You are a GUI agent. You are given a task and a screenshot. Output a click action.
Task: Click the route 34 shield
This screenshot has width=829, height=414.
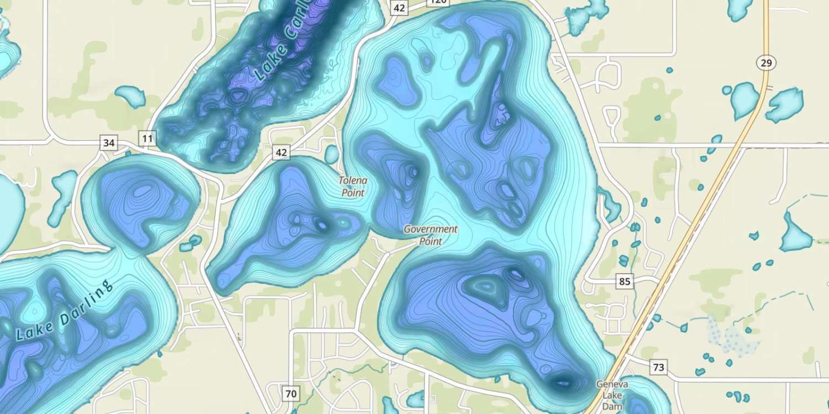(x=109, y=143)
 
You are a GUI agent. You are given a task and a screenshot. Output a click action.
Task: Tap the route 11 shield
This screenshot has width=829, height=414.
(x=147, y=139)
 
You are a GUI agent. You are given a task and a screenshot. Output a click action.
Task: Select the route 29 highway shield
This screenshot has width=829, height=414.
(x=766, y=63)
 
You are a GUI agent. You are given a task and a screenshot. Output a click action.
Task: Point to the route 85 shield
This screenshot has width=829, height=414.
(x=625, y=282)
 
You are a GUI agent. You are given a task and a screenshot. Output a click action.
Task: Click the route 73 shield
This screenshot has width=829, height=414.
(x=658, y=367)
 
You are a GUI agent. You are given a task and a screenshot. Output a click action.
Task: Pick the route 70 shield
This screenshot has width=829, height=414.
(x=291, y=394)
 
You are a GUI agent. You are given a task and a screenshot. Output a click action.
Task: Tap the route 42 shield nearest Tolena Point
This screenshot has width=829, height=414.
(x=281, y=152)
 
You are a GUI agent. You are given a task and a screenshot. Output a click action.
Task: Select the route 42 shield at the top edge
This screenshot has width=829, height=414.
(x=400, y=8)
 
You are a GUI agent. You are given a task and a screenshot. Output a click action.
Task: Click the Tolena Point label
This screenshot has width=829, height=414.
(x=353, y=187)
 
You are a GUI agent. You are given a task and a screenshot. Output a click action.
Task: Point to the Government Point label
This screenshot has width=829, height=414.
(x=431, y=235)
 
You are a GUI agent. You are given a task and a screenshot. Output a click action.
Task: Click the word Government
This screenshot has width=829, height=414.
(x=431, y=229)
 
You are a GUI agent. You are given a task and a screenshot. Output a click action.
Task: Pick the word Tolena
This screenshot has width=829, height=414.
(x=353, y=181)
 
